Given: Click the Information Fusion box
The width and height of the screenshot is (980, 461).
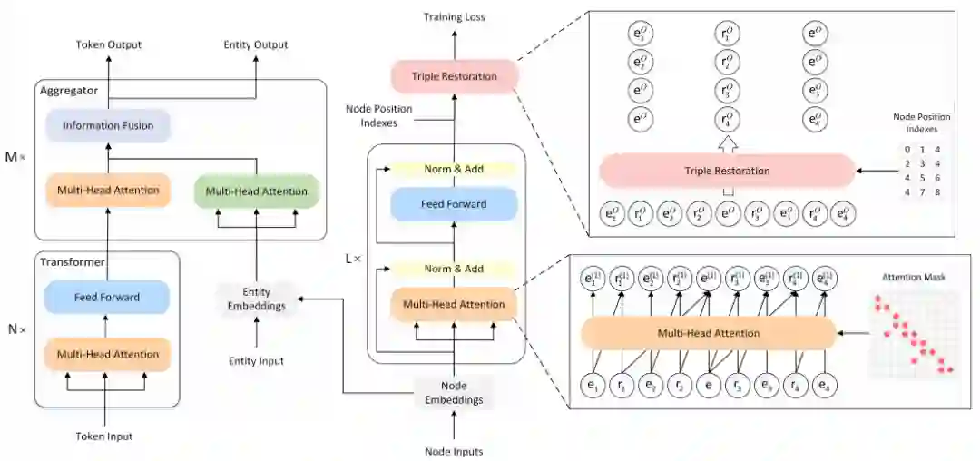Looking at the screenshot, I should point(108,126).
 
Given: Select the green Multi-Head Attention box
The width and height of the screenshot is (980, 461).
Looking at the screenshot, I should point(257,191).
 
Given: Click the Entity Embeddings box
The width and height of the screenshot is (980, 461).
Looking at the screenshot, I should point(257,299).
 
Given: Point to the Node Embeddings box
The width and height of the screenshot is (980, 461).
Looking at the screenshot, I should point(453,392).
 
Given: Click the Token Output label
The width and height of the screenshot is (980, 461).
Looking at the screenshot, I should point(109,44).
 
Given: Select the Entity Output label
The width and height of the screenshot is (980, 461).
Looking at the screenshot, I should point(256,44).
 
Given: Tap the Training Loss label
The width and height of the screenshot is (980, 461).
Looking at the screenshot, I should point(454,17).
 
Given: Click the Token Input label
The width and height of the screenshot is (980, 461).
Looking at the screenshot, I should point(104,436).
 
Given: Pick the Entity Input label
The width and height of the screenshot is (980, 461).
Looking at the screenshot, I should point(256,361).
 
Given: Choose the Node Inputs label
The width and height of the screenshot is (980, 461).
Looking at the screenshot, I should point(454,451).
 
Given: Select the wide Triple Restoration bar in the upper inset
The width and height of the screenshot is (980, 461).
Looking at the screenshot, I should point(726,171).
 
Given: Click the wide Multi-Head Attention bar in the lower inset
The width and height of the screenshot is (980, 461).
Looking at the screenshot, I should point(708,333).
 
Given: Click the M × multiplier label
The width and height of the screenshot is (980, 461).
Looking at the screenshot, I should point(15,157).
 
